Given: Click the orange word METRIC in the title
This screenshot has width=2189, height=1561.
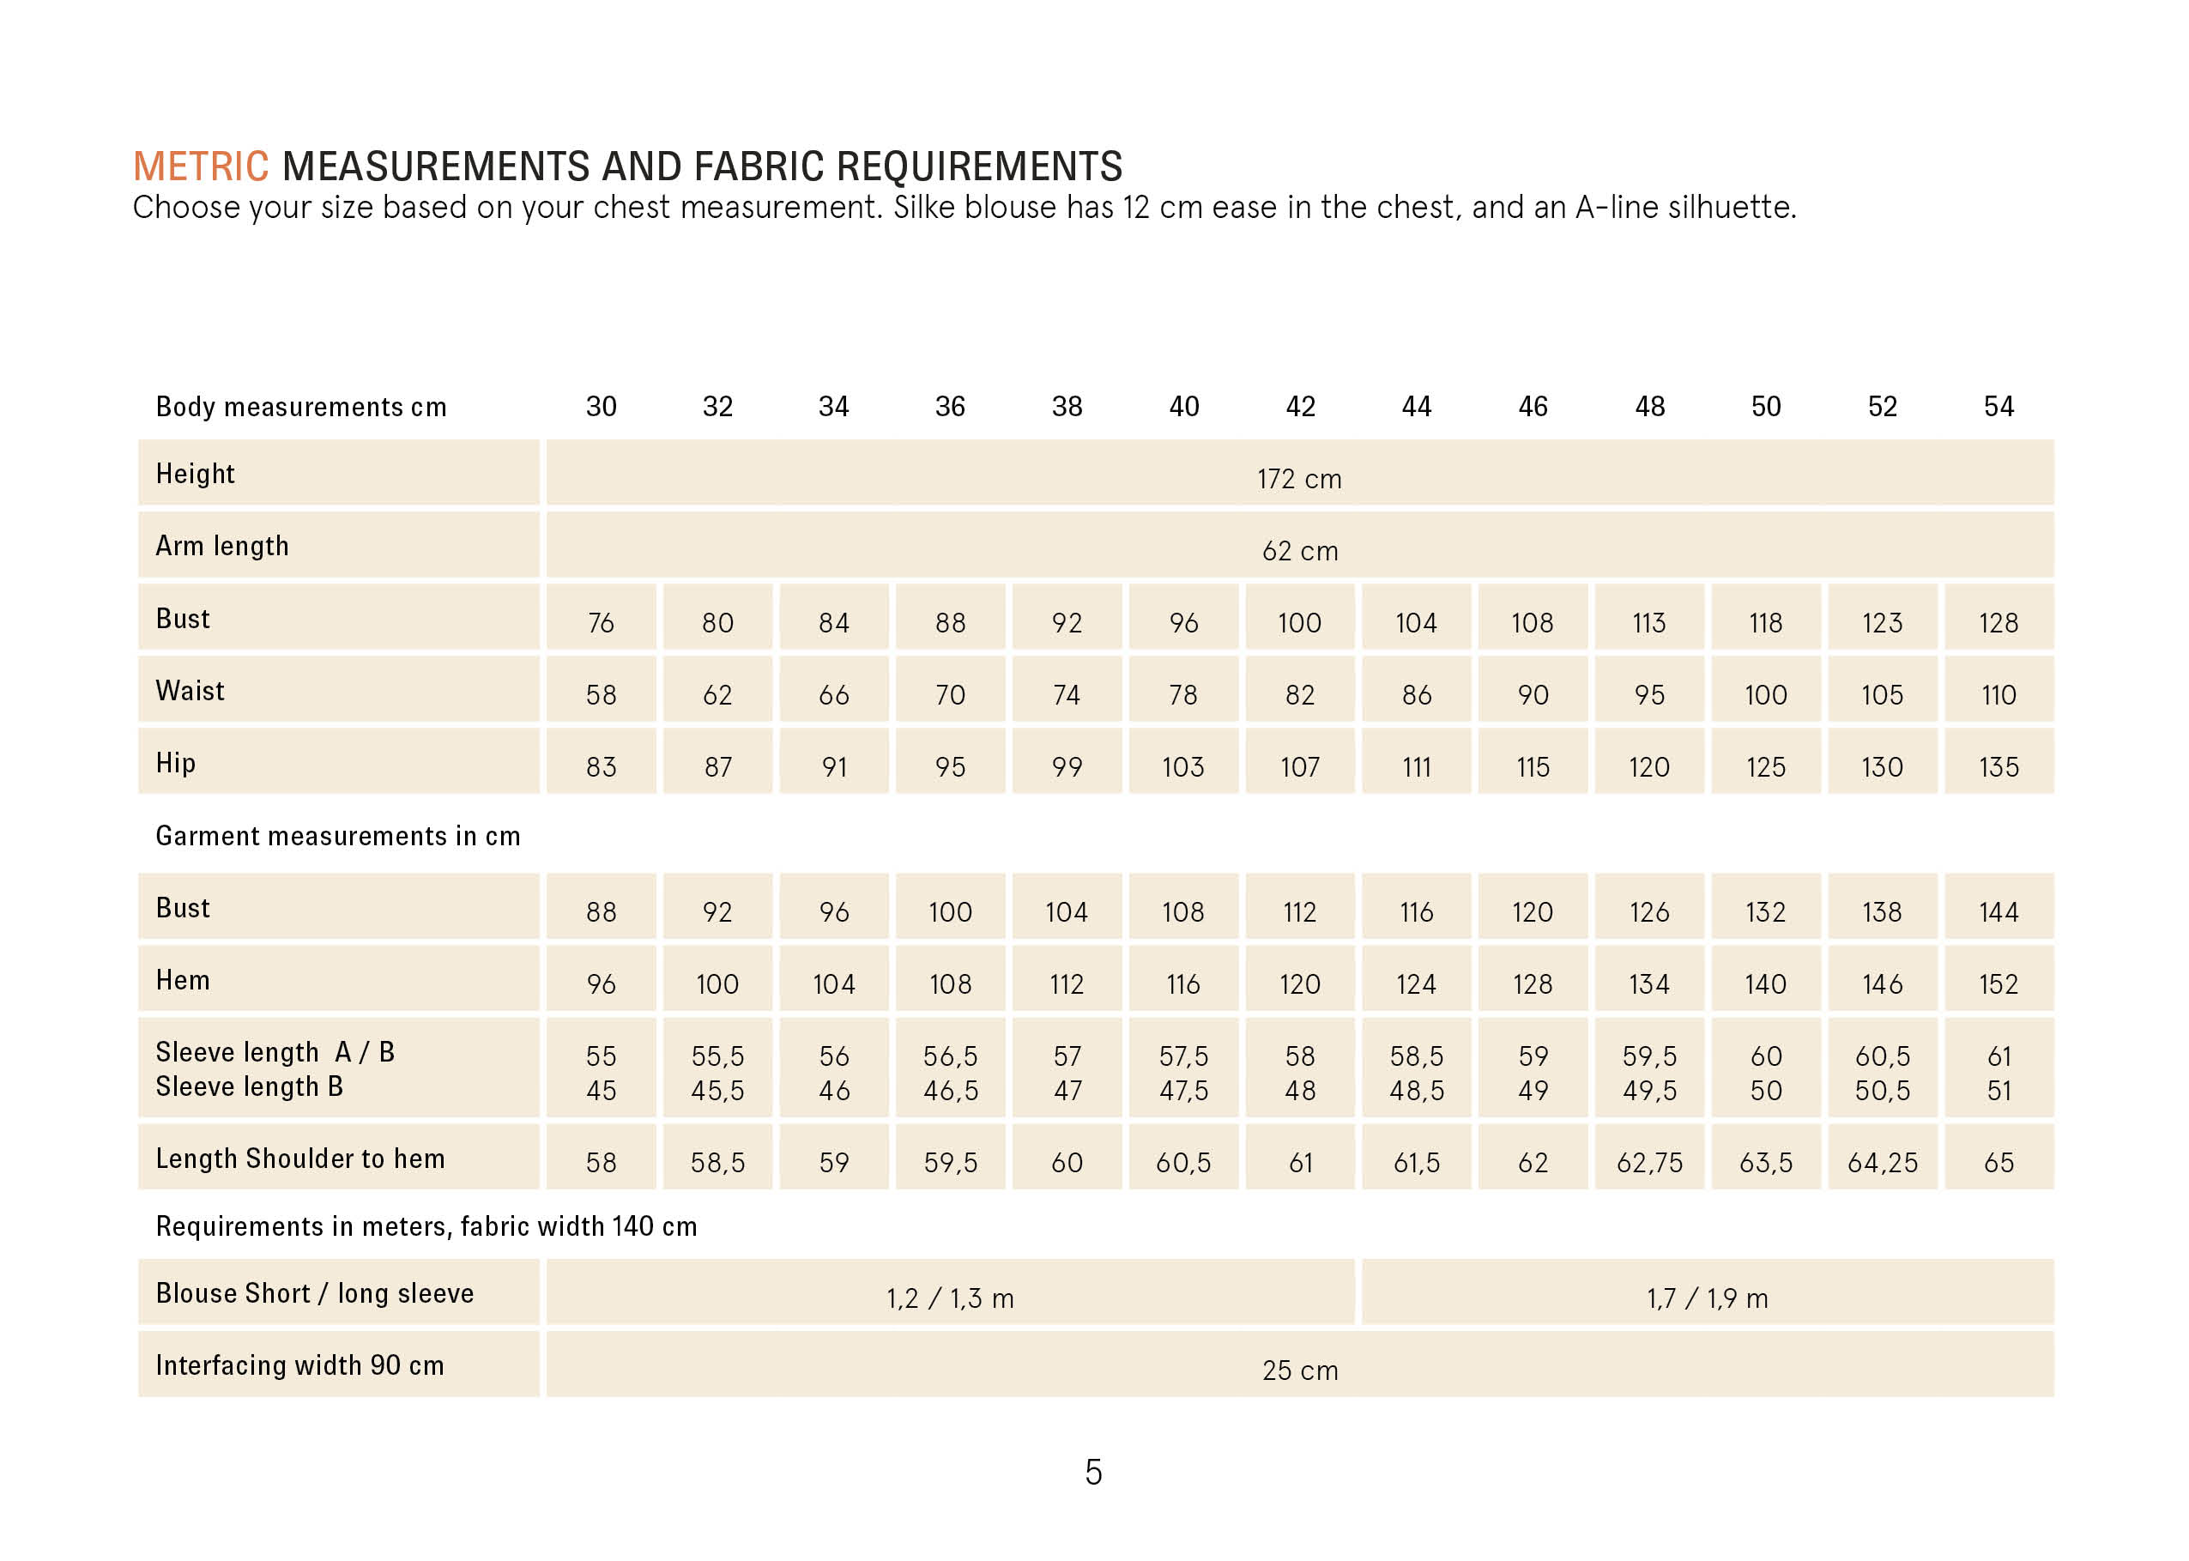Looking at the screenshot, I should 201,166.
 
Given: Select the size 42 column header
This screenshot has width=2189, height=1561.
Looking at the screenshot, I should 1300,407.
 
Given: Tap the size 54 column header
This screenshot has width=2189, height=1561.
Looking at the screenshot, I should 1999,407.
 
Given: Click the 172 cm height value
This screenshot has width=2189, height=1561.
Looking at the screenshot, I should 1299,479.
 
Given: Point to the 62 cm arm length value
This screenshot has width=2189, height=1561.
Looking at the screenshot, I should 1299,551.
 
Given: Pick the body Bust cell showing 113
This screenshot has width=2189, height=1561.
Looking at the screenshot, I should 1649,623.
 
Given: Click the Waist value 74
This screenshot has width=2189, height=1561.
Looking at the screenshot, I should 1067,695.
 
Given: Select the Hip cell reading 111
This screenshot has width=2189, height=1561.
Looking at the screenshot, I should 1417,767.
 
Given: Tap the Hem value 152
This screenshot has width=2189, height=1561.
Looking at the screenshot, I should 1999,984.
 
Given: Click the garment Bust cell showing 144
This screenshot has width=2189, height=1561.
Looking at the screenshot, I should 1999,912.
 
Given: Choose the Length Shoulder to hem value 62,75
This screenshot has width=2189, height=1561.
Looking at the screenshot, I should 1649,1163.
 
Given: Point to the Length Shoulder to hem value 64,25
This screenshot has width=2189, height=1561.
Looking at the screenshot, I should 1883,1163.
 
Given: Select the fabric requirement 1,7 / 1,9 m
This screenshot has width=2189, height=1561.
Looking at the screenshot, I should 1708,1298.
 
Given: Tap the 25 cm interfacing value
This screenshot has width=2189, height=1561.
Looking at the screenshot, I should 1299,1370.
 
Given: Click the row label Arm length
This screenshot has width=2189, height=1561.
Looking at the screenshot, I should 222,546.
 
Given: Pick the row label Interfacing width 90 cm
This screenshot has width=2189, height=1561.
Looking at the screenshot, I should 299,1365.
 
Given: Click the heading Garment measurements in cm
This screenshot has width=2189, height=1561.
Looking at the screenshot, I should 337,836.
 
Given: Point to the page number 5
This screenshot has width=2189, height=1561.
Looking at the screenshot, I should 1093,1473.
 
